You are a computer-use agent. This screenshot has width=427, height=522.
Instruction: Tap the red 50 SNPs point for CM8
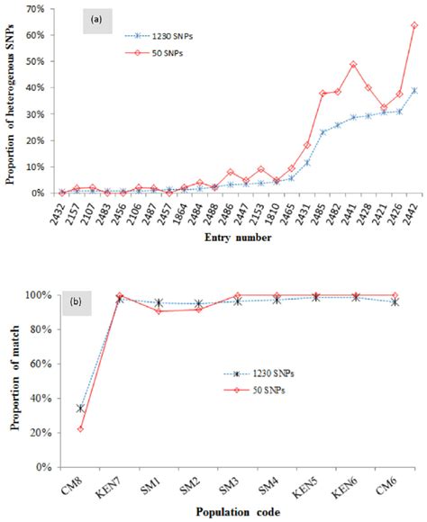(80, 428)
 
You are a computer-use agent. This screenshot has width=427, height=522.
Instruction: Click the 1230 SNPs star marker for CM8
(80, 409)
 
